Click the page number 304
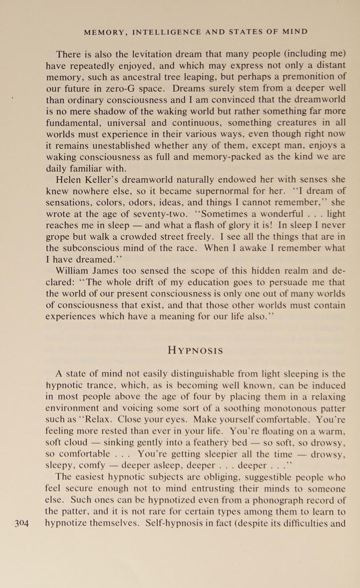pyautogui.click(x=22, y=523)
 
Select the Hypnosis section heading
pyautogui.click(x=195, y=351)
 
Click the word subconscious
pyautogui.click(x=95, y=248)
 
